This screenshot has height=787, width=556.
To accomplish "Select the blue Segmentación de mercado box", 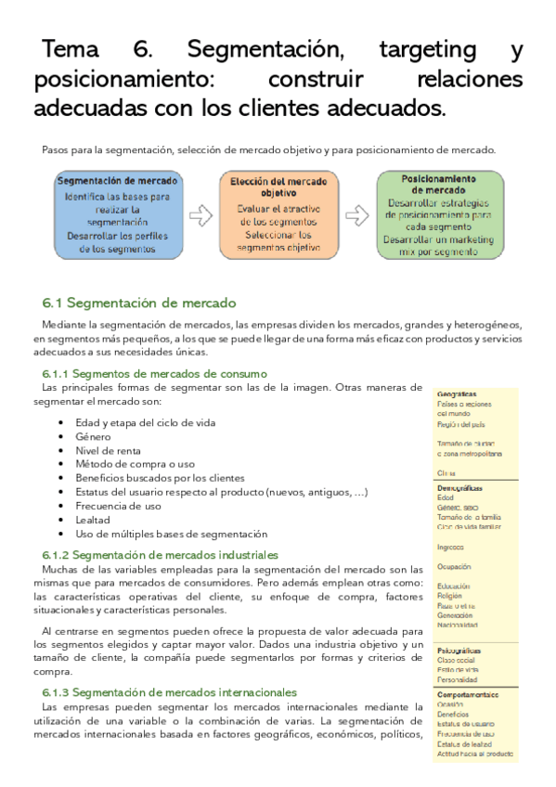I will pos(118,216).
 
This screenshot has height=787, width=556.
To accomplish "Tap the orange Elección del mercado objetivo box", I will pos(278,216).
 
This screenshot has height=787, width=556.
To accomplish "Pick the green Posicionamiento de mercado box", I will pos(439,216).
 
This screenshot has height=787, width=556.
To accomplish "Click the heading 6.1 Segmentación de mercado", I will pos(139,303).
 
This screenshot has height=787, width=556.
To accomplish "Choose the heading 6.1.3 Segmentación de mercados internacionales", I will pos(170,692).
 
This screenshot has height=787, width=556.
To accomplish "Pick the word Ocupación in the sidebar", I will pos(454,565).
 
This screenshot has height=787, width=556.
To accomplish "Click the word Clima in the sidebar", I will pos(446,472).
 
